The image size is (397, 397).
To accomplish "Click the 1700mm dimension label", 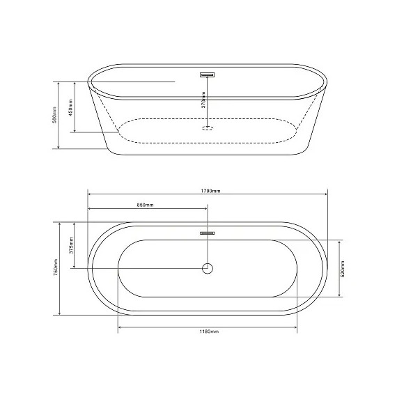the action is pyautogui.click(x=210, y=191).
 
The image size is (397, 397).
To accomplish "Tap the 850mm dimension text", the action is pyautogui.click(x=145, y=205).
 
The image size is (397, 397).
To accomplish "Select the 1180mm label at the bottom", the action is pyautogui.click(x=209, y=331).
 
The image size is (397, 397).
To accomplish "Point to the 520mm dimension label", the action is pyautogui.click(x=343, y=269).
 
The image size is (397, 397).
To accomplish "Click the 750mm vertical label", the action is pyautogui.click(x=56, y=267).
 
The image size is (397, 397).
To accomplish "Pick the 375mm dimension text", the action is pyautogui.click(x=71, y=245).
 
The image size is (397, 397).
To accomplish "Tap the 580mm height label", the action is pyautogui.click(x=54, y=115).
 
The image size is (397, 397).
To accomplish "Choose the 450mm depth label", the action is pyautogui.click(x=70, y=107).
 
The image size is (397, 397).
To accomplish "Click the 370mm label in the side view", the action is pyautogui.click(x=203, y=100).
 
